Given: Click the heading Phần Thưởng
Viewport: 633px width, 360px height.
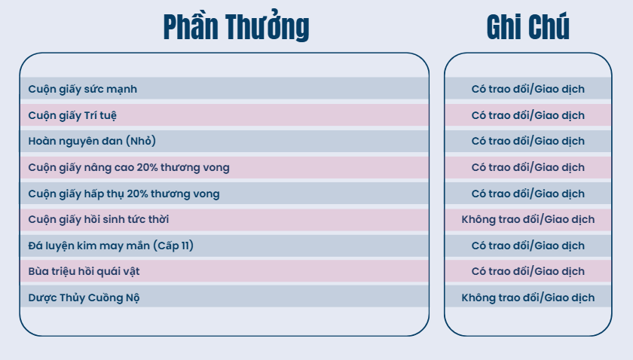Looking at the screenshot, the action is [x=236, y=26].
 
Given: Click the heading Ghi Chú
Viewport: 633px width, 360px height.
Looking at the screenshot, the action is [x=528, y=26].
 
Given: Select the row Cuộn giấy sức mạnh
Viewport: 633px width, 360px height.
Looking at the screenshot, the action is [x=82, y=89].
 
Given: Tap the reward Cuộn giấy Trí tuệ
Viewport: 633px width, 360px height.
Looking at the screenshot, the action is [x=72, y=115].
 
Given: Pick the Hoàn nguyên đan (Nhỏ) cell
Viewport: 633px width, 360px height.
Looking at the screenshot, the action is [x=92, y=141].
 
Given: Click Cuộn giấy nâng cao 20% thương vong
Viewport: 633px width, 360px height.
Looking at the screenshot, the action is [x=129, y=167].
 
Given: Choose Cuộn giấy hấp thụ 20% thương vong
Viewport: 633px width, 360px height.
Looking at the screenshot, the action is [x=124, y=194].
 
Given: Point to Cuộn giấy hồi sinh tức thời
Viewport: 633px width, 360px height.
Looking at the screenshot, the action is [x=99, y=220].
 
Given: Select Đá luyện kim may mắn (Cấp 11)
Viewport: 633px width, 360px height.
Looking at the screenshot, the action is [x=111, y=246].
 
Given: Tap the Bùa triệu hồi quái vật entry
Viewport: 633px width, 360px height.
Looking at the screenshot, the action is [x=84, y=271].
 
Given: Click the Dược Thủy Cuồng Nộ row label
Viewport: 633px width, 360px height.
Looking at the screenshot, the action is [x=84, y=297].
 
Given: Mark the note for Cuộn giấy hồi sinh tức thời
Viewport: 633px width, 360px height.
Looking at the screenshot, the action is [x=528, y=220].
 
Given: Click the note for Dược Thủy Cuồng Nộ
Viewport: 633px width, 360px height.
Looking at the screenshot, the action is [x=528, y=297].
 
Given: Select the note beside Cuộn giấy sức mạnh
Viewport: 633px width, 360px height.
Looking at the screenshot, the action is [x=528, y=89].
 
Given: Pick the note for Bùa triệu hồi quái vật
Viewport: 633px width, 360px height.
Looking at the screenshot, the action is [x=528, y=271].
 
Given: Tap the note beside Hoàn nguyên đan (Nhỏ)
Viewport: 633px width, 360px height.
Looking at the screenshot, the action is [x=528, y=141].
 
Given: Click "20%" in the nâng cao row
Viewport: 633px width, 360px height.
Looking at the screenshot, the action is [x=147, y=167].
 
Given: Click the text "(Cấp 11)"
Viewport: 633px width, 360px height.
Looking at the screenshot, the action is [x=173, y=246].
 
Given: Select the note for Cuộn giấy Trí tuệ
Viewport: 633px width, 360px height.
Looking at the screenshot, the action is [x=528, y=115].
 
